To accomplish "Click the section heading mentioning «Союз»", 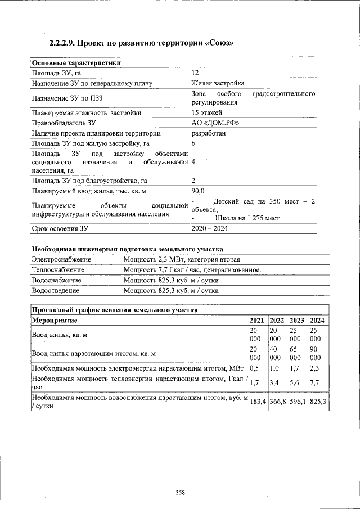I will pos(141,43).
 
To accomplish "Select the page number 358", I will pos(180,492).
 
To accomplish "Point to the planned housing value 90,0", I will pos(198,191).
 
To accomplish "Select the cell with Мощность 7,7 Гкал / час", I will pos(192,269).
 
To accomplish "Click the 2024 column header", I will pos(318,320).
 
